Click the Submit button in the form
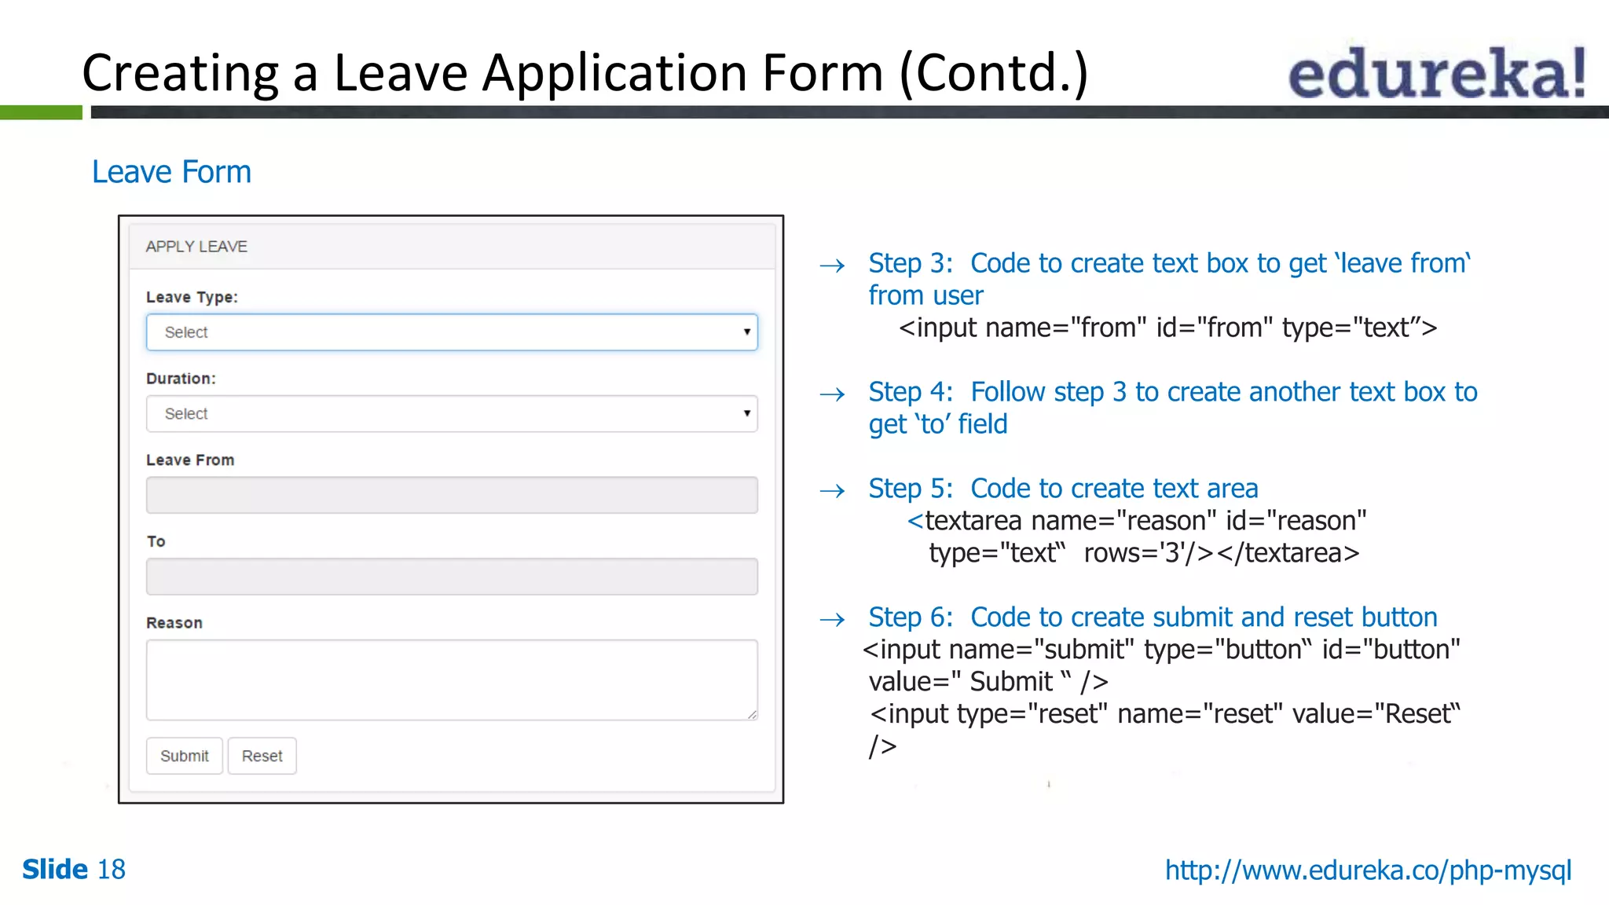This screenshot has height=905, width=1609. tap(185, 756)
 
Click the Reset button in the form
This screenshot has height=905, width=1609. tap(262, 756)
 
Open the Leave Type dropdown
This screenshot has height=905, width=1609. tap(452, 332)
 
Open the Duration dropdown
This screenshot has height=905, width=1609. tap(452, 414)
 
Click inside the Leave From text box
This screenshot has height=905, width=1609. tap(452, 495)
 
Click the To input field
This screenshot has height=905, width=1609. tap(452, 577)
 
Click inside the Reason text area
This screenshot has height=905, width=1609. tap(452, 680)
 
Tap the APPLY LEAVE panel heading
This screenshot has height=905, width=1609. tap(196, 247)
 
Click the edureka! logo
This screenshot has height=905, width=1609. tap(1436, 72)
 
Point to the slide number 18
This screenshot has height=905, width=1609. tap(111, 870)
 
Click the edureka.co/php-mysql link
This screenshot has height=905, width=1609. tap(1368, 870)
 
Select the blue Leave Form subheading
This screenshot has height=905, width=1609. tap(171, 172)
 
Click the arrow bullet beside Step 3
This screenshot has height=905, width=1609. tap(832, 266)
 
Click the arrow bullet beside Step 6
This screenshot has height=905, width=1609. tap(832, 620)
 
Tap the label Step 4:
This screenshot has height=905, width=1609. tap(910, 392)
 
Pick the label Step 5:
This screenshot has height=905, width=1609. tap(910, 489)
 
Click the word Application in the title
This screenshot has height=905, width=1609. tap(615, 73)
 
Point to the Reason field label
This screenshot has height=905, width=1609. tap(174, 623)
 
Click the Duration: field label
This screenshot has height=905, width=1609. tap(181, 379)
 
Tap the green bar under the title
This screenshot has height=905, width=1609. tap(41, 112)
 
